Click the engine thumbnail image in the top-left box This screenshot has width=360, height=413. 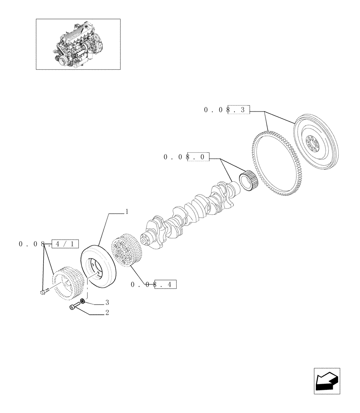point(78,44)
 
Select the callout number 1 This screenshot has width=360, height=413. point(127,212)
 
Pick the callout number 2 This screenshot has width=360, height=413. point(107,313)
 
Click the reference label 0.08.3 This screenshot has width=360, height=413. point(227,110)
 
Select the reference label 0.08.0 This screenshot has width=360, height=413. point(186,157)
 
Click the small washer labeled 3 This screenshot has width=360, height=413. point(83,301)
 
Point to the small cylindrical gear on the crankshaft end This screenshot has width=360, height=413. point(249,182)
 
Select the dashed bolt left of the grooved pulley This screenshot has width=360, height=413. point(43,292)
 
